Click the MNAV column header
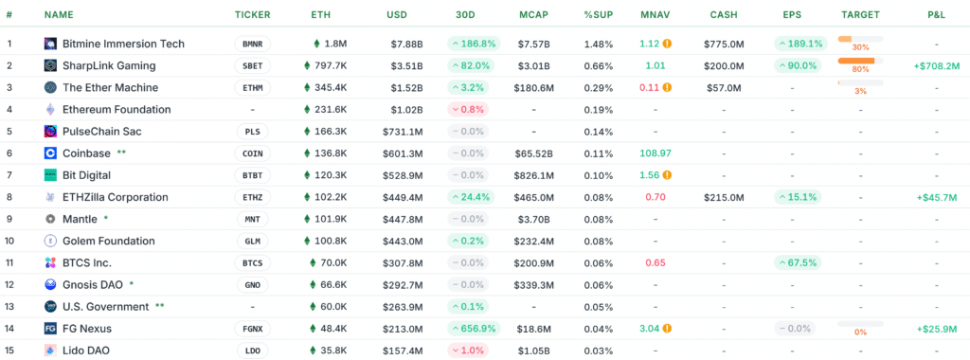[655, 15]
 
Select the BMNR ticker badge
[251, 44]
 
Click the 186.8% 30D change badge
[472, 44]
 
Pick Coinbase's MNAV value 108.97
[655, 153]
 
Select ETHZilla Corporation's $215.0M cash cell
[724, 197]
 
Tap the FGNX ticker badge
[251, 329]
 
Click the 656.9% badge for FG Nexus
[472, 329]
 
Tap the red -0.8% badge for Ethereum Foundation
[472, 109]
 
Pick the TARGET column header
[860, 15]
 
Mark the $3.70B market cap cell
[534, 219]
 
